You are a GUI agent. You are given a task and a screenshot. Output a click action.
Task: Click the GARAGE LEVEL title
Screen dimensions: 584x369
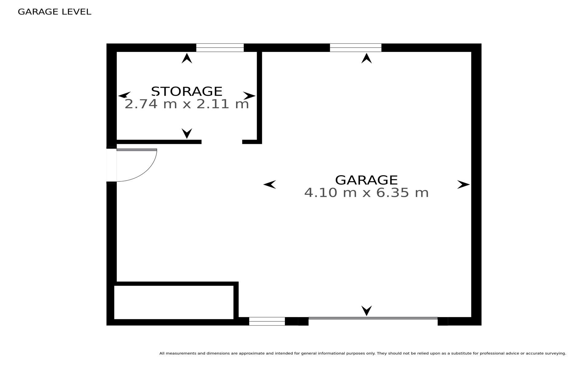click(x=55, y=12)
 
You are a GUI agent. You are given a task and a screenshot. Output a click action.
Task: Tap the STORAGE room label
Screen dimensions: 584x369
click(x=187, y=91)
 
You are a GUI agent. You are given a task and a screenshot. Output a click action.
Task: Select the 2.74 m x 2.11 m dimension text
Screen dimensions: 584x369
click(x=187, y=104)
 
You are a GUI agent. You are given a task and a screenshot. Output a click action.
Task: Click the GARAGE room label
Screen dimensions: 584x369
click(x=366, y=180)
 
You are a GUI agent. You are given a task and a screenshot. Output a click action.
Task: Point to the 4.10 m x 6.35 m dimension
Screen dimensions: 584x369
click(x=366, y=193)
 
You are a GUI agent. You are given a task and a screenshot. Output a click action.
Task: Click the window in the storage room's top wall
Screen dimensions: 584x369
click(x=220, y=48)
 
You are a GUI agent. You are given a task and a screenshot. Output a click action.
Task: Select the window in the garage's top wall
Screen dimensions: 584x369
click(x=356, y=48)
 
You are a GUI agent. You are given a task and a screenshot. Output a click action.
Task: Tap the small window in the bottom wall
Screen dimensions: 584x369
click(x=267, y=321)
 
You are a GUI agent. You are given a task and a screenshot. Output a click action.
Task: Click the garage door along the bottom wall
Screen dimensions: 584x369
click(x=373, y=318)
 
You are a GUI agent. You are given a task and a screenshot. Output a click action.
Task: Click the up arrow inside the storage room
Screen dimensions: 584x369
click(x=187, y=58)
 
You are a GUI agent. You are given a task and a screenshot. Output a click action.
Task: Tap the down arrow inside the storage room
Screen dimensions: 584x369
click(x=187, y=133)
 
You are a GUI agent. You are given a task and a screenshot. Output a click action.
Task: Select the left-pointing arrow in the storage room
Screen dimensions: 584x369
click(x=124, y=95)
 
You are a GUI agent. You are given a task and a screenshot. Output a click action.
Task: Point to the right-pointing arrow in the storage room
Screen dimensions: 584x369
click(x=249, y=96)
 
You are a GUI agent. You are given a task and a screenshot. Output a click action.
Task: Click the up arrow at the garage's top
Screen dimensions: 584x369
click(x=366, y=58)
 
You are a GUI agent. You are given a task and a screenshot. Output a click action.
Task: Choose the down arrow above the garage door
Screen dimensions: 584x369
click(x=366, y=311)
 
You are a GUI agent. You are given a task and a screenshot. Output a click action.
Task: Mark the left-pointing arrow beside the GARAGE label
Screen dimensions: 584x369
click(x=270, y=184)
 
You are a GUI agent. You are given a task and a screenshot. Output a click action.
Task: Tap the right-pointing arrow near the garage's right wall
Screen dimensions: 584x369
click(x=464, y=184)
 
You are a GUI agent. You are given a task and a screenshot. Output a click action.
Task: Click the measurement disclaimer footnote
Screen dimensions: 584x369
click(x=363, y=353)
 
